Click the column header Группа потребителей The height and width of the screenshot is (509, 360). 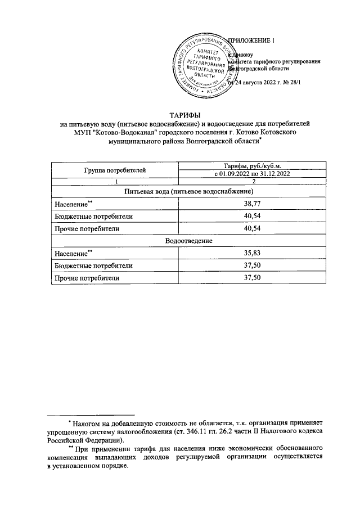[115, 169]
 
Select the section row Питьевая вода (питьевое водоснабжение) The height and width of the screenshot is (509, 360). [181, 192]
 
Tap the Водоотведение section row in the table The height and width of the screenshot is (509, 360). [181, 241]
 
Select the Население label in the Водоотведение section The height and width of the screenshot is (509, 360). [71, 254]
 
